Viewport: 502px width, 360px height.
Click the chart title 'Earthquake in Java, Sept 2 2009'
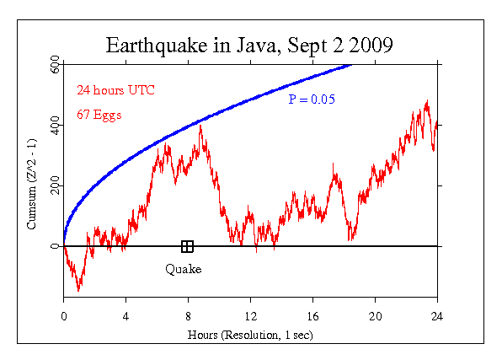click(x=250, y=45)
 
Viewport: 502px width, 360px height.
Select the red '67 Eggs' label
click(x=99, y=113)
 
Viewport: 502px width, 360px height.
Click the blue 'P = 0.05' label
click(x=312, y=99)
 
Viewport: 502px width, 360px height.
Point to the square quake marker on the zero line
click(x=187, y=246)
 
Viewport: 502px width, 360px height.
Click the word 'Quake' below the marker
click(x=183, y=269)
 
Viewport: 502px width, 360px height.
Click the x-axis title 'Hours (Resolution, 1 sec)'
click(x=250, y=335)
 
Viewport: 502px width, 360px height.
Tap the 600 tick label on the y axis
click(x=55, y=64)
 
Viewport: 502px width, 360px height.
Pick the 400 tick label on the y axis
click(x=55, y=125)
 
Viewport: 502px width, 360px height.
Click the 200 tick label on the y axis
click(x=55, y=185)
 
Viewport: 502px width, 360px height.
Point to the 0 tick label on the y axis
click(x=55, y=246)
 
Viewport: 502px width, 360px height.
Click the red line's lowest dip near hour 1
click(x=79, y=290)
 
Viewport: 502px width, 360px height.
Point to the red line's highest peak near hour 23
click(x=427, y=101)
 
